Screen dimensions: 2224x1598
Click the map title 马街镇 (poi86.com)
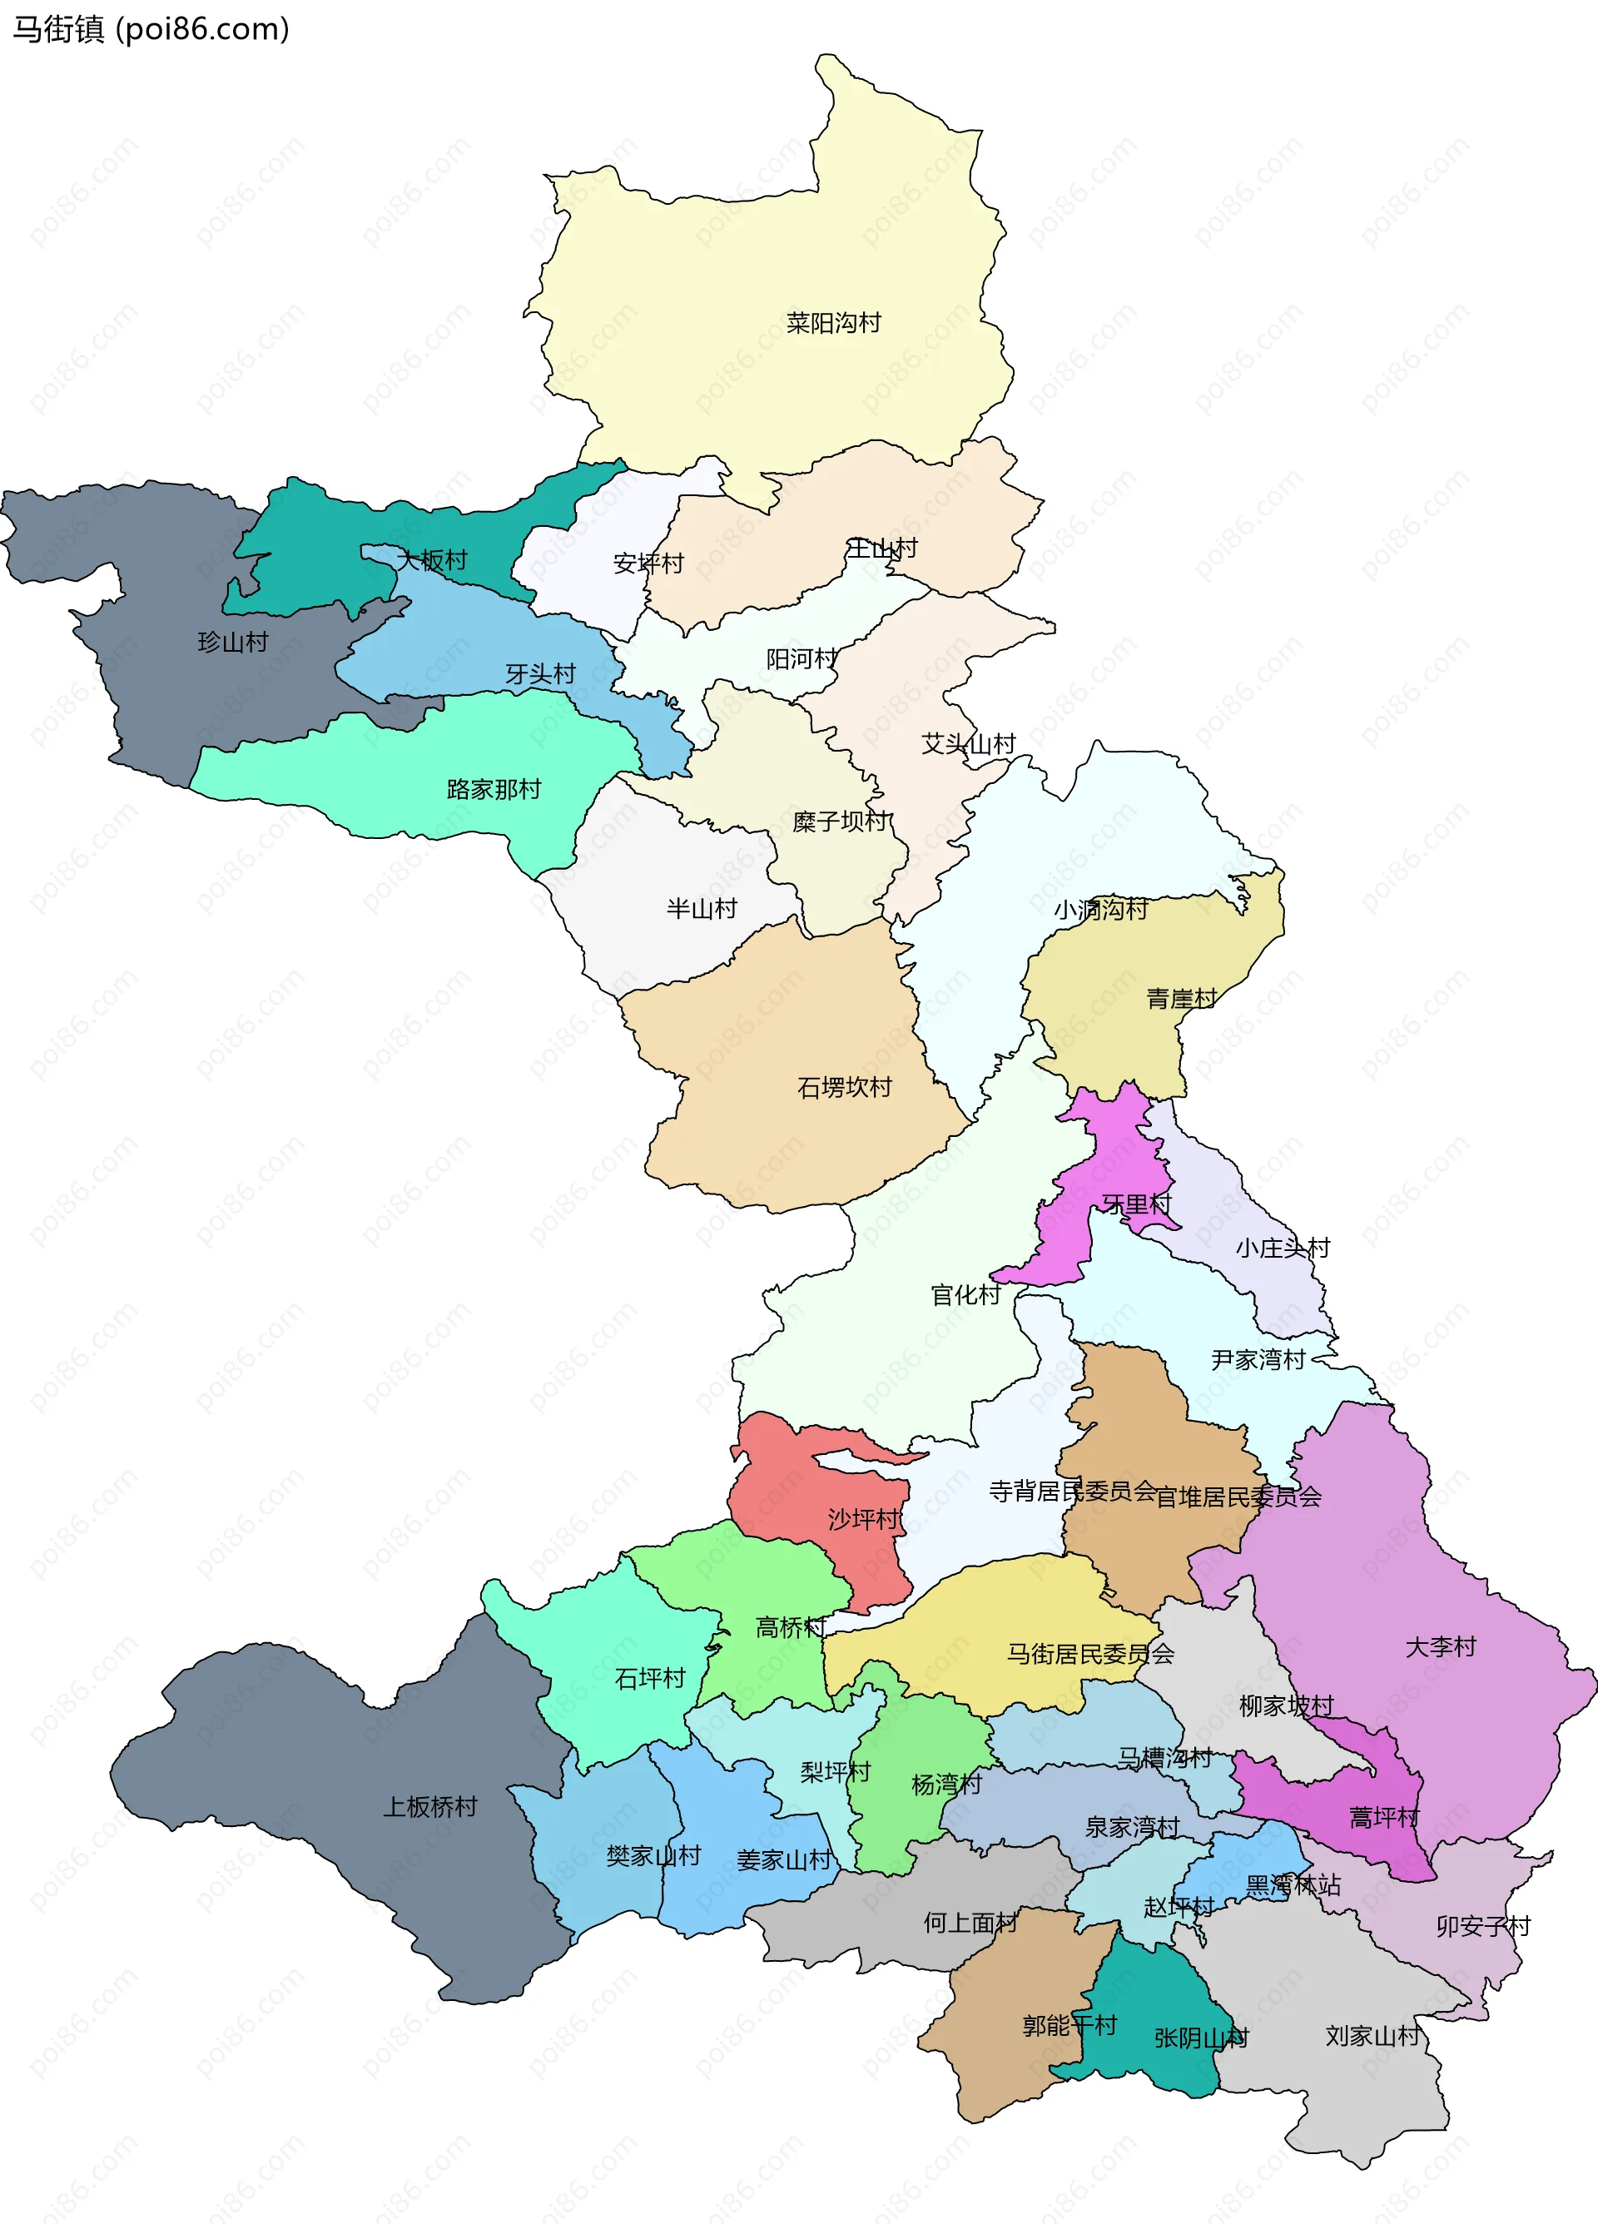pos(150,29)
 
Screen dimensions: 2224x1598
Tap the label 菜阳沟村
pos(833,323)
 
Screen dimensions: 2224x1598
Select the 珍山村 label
pos(232,643)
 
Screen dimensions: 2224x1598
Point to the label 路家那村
pos(493,789)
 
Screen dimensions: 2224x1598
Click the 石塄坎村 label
pos(844,1088)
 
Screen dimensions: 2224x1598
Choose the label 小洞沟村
pos(1100,910)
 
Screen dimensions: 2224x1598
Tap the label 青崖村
pos(1181,1000)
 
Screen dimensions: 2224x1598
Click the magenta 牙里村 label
pos(1136,1204)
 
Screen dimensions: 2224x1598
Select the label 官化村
pos(965,1295)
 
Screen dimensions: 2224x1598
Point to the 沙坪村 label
pos(863,1519)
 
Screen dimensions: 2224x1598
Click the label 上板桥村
pos(429,1806)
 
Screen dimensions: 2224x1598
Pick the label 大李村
pos(1440,1646)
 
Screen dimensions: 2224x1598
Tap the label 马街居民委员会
pos(1090,1653)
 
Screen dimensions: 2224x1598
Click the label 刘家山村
pos(1372,2036)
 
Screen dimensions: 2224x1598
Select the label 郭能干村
pos(1069,2025)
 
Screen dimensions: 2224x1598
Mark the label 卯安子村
pos(1482,1926)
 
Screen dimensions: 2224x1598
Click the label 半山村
pos(701,909)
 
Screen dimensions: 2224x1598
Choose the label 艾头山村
pos(968,744)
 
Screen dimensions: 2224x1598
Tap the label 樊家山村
pos(653,1855)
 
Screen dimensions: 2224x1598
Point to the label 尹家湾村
pos(1258,1360)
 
